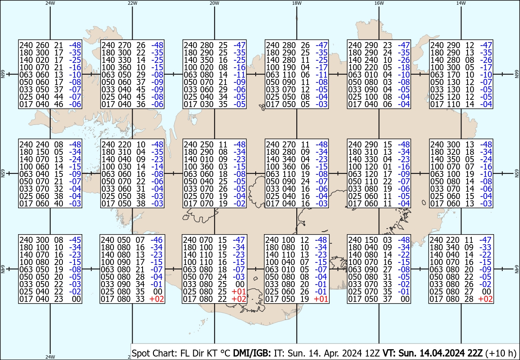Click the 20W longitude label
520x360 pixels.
coord(214,3)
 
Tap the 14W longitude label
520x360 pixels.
coord(461,3)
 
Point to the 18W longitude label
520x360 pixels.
coord(297,3)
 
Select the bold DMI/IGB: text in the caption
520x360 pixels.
coord(252,353)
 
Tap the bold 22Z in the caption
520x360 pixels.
coord(475,353)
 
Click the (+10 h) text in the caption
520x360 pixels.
coord(500,353)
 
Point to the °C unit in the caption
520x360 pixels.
coord(225,353)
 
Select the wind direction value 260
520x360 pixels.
coord(42,45)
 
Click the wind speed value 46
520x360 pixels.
coord(59,105)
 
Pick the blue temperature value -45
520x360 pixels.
coord(75,240)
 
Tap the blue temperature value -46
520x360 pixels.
coord(156,240)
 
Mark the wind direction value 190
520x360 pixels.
coord(289,67)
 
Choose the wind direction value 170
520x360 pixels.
coord(453,75)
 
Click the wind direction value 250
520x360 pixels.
coord(207,144)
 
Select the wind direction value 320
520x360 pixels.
coord(453,152)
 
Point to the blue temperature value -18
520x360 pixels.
coord(404,67)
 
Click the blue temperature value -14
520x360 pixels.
coord(157,167)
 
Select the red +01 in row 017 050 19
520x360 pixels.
coord(321,299)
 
